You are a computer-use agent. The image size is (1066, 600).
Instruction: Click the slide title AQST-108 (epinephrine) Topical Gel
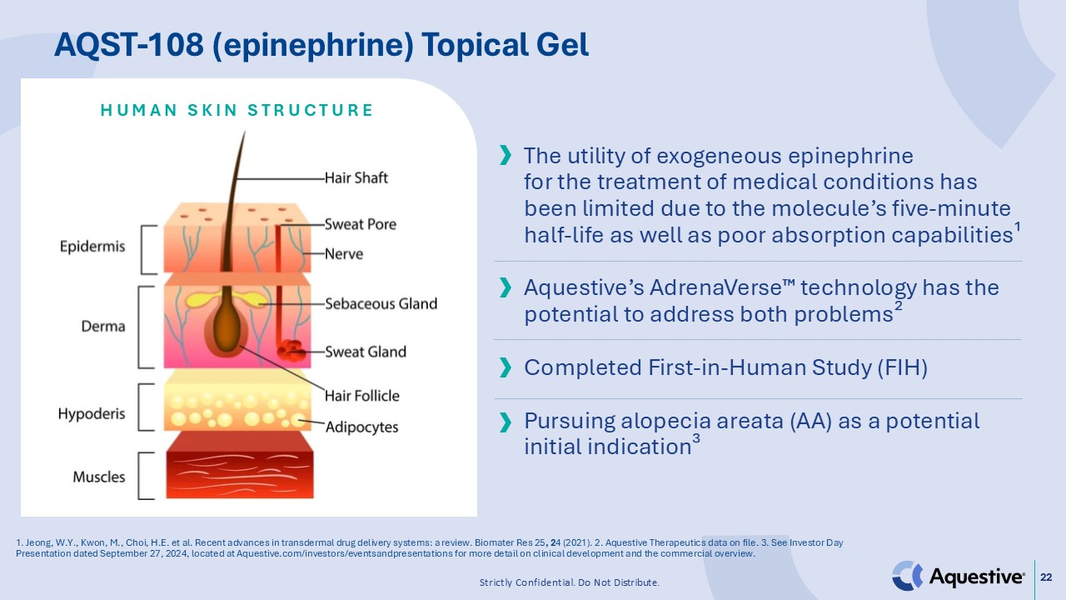[x=321, y=45]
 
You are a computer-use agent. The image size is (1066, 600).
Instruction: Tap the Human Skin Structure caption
[x=237, y=110]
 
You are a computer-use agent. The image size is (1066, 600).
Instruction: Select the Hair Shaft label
[x=356, y=177]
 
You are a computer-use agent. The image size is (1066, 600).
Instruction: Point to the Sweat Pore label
[x=360, y=224]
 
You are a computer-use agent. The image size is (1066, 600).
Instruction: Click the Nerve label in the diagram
[x=343, y=253]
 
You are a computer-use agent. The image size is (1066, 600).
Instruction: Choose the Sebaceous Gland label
[x=381, y=303]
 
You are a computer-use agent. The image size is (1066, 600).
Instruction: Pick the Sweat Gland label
[x=365, y=352]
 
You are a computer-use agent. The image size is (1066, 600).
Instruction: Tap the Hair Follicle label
[x=361, y=396]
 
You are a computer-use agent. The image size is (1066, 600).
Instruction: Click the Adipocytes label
[x=361, y=427]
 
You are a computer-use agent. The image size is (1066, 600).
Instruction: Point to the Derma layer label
[x=103, y=326]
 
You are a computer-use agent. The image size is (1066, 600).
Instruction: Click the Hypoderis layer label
[x=92, y=413]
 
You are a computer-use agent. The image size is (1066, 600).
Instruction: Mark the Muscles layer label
[x=99, y=477]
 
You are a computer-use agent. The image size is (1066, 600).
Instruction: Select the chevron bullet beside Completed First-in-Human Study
[x=505, y=368]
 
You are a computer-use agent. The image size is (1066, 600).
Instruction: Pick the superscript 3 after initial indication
[x=695, y=441]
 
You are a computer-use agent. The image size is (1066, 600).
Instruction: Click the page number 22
[x=1047, y=576]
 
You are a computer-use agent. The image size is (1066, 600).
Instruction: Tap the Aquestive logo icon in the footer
[x=908, y=576]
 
